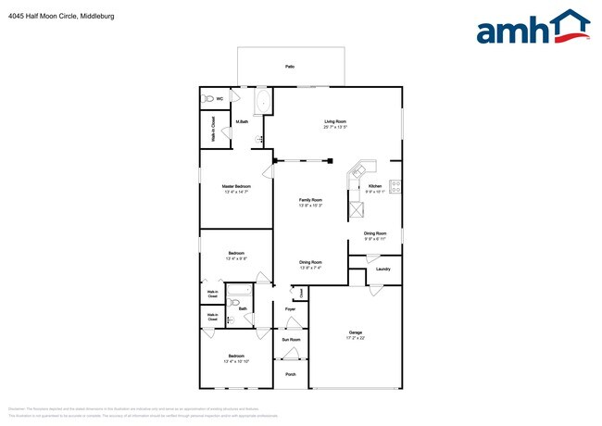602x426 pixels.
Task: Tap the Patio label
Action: (x=290, y=67)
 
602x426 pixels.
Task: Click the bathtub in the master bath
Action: (x=262, y=101)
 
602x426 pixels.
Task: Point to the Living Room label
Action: (x=335, y=121)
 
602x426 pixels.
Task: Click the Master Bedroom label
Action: (x=236, y=186)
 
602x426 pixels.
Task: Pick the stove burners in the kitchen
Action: (x=395, y=185)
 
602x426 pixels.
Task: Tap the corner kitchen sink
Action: (x=360, y=169)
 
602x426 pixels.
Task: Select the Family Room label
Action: (x=310, y=200)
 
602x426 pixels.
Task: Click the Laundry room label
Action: (x=383, y=269)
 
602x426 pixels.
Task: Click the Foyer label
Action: (x=290, y=307)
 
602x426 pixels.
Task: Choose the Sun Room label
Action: (x=291, y=339)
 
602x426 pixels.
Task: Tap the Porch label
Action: (x=290, y=374)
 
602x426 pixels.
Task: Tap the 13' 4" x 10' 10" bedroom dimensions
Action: (x=236, y=361)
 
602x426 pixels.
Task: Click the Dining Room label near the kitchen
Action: (x=375, y=233)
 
